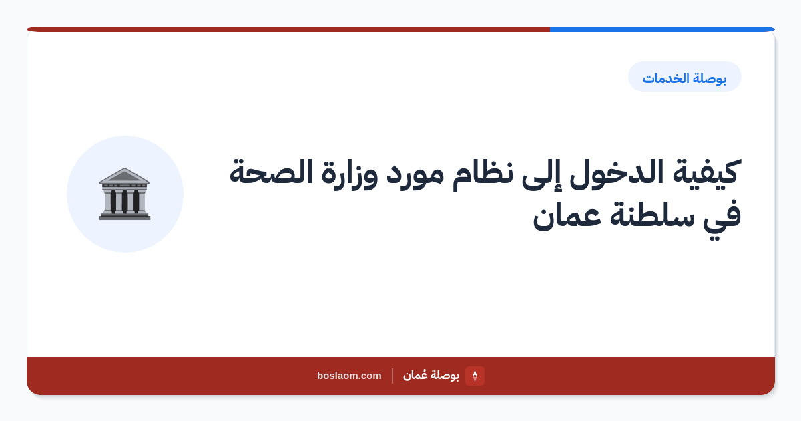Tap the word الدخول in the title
617,172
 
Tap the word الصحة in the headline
271,172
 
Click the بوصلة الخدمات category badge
685,77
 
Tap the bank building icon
124,194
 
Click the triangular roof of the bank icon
124,176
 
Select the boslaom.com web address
349,376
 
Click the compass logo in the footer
475,376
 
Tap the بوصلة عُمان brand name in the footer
431,375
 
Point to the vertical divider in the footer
392,376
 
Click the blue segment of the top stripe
662,29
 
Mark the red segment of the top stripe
288,29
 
